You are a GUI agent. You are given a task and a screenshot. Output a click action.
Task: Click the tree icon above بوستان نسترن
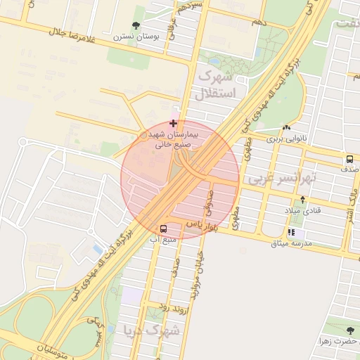pyautogui.click(x=136, y=27)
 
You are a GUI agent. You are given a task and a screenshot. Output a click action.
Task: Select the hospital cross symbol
pyautogui.click(x=173, y=124)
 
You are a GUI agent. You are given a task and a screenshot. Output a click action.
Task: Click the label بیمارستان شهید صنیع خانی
pyautogui.click(x=173, y=139)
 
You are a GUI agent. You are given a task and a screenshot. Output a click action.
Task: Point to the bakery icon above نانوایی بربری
pyautogui.click(x=286, y=128)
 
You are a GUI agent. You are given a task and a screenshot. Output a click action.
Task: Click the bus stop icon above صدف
pyautogui.click(x=349, y=160)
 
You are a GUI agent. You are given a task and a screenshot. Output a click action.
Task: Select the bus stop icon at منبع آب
pyautogui.click(x=163, y=229)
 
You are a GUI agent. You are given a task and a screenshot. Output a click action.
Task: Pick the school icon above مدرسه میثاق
pyautogui.click(x=291, y=233)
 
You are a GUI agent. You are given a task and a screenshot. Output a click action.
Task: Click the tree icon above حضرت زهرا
pyautogui.click(x=351, y=330)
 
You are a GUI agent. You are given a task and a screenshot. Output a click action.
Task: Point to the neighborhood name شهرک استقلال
pyautogui.click(x=219, y=83)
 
